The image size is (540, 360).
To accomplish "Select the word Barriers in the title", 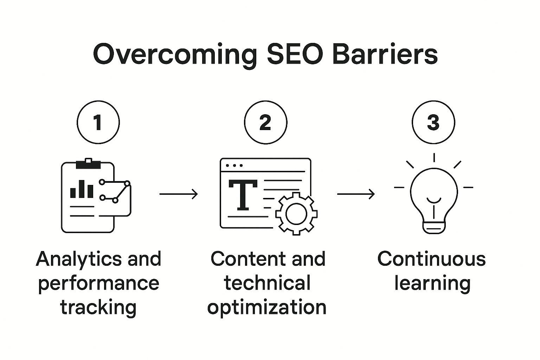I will point(385,54).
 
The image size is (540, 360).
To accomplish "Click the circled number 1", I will point(98,122).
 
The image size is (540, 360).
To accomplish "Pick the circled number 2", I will point(266,122).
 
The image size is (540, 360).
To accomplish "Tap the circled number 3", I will point(433,122).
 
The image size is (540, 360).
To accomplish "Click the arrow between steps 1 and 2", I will point(179,194).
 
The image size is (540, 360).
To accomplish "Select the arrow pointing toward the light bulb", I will point(356,194).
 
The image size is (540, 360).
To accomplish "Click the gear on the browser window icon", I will point(296,213).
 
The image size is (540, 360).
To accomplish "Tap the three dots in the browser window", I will point(234,165).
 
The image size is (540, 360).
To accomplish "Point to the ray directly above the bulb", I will point(434,157).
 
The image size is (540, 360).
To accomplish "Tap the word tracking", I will point(98,307).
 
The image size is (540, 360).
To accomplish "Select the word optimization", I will point(267,307).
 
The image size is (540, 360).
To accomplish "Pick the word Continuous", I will point(432,259).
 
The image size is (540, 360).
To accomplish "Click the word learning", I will point(432,283).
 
